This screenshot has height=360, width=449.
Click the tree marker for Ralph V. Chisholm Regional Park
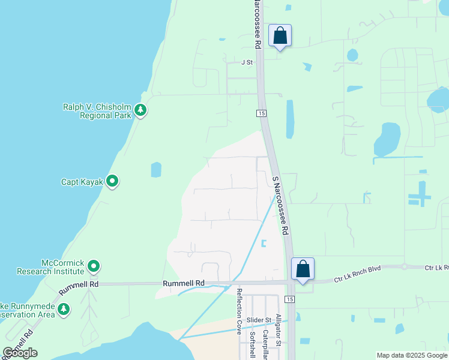(x=140, y=110)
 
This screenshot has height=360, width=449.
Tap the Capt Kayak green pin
(x=112, y=181)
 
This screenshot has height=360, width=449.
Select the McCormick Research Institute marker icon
(x=93, y=265)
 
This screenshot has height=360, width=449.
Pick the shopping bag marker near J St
(x=280, y=36)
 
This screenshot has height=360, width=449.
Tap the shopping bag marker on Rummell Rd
(x=303, y=269)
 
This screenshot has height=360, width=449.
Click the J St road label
(x=247, y=62)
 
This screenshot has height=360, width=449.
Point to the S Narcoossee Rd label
(x=281, y=205)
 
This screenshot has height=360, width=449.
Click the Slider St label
(x=260, y=320)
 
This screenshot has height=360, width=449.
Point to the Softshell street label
(x=252, y=344)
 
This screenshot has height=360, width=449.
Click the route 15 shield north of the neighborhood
(x=261, y=113)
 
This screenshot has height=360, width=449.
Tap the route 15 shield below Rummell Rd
(x=290, y=299)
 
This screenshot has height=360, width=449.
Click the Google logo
(x=20, y=353)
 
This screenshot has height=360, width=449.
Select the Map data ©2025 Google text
(x=411, y=355)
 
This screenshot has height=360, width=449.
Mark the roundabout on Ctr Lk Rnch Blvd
(x=405, y=267)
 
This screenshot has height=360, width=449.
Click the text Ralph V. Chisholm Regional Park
(x=97, y=111)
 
